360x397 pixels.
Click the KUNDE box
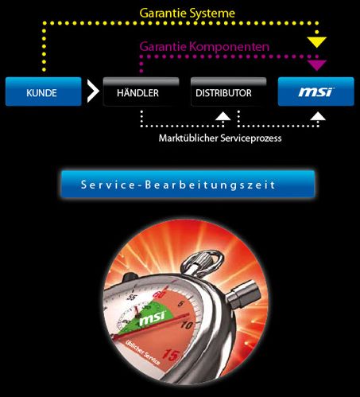pos(44,91)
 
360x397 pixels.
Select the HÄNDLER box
pos(141,91)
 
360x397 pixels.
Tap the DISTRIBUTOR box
pos(228,91)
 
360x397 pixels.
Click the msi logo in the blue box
pos(316,92)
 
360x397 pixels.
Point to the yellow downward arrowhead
pos(316,42)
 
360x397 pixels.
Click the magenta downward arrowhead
pos(317,65)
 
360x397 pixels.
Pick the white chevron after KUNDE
pos(93,91)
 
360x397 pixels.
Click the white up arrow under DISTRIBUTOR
pos(223,116)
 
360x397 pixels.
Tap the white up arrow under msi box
pos(318,116)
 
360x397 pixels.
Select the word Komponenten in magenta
pos(230,47)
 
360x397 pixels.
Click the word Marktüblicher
pos(188,138)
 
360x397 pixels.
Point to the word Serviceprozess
pos(251,138)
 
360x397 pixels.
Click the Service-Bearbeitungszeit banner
pos(188,184)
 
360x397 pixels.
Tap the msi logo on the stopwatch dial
pos(153,317)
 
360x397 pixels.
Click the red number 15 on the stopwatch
pos(171,354)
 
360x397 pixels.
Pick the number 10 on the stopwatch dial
pos(187,325)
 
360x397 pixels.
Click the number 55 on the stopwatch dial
pos(132,297)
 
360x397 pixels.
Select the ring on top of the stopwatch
pos(203,261)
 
